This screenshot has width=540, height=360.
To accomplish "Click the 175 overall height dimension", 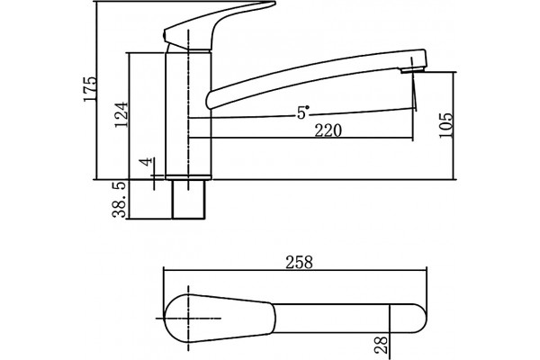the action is coord(90,89).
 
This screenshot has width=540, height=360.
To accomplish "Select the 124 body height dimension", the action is coord(121,114).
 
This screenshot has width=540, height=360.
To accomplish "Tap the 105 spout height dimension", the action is coord(445,125).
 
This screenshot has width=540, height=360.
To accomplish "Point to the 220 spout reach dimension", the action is coord(328,130).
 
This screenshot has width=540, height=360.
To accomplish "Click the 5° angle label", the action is coord(302,112).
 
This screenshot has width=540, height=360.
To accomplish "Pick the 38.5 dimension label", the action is coord(120,200).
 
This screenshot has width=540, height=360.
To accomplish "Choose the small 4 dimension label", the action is coord(147,162).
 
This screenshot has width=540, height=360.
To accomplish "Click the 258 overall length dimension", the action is coord(300,262).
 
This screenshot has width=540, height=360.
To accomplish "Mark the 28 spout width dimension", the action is coord(381,346).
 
